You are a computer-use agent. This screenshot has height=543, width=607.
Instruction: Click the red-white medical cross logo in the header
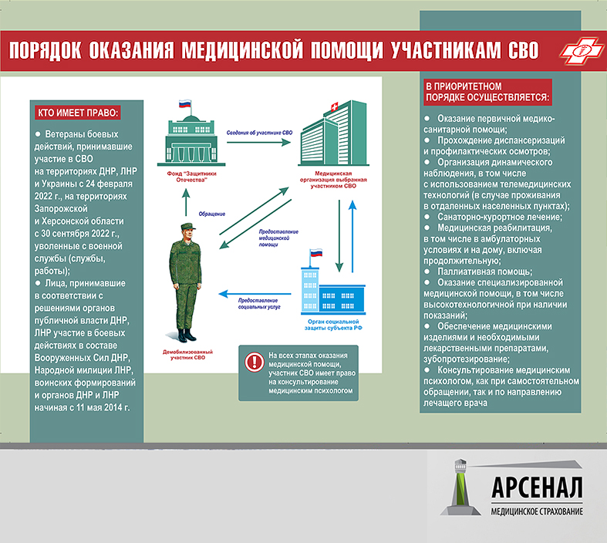[x=582, y=50]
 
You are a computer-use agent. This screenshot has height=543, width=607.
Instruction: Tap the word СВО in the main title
[x=523, y=50]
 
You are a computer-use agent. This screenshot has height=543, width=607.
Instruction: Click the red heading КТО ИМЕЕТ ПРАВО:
[x=77, y=113]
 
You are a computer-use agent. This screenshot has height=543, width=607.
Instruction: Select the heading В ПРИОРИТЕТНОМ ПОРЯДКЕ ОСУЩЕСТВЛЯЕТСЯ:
[x=487, y=92]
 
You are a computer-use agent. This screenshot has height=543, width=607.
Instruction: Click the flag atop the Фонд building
[x=185, y=103]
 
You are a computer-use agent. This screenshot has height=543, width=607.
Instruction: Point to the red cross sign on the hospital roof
[x=334, y=106]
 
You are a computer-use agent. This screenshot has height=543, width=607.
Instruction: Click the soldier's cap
[x=187, y=226]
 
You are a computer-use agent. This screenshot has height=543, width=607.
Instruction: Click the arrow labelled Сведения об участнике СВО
[x=258, y=143]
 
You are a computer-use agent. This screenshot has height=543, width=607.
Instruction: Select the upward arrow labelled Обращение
[x=186, y=202]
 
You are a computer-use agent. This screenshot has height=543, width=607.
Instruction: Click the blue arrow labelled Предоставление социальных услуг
[x=255, y=294]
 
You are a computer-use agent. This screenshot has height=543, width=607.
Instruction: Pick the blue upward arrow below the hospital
[x=352, y=236]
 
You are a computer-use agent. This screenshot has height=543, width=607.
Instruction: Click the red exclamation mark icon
[x=255, y=362]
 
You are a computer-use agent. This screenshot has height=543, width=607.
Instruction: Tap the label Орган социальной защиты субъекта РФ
[x=333, y=325]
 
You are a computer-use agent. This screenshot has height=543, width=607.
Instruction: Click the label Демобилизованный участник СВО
[x=187, y=355]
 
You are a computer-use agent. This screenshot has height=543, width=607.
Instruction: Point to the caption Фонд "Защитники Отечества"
[x=191, y=177]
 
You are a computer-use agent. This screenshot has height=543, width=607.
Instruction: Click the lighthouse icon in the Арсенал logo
[x=460, y=487]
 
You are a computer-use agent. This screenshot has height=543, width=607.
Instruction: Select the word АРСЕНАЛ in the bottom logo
[x=537, y=487]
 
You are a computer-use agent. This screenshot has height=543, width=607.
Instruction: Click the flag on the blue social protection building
[x=316, y=253]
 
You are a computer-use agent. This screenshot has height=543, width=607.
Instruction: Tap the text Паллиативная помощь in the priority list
[x=484, y=271]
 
